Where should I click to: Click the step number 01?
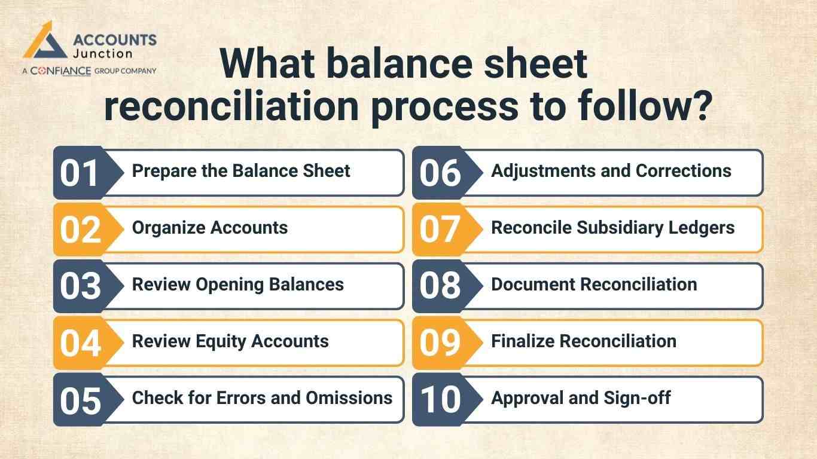coord(79,173)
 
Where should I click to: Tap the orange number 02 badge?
coord(80,229)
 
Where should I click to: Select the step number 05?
coord(80,400)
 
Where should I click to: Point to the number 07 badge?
coord(440,229)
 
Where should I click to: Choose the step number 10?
coord(440,400)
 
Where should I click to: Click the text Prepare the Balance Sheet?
coord(241,171)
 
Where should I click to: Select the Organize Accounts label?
coord(210,228)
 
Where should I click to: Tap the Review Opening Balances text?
coord(238,284)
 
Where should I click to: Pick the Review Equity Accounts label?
coord(230,341)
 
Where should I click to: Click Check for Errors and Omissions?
coord(262,398)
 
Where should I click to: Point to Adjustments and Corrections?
coord(611,171)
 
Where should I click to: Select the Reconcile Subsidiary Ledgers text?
coord(613,228)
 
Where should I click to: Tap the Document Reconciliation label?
coord(594,284)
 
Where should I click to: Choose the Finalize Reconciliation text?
coord(584,341)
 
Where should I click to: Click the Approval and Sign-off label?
coord(581,398)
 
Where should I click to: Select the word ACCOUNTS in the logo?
coord(114,40)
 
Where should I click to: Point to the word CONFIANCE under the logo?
coord(60,71)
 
